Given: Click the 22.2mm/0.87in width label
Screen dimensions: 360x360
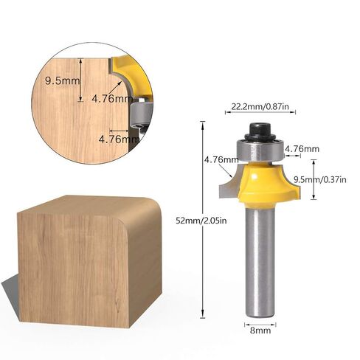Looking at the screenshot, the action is tap(260, 106).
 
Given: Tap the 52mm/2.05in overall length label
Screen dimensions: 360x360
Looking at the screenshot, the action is tap(201, 221).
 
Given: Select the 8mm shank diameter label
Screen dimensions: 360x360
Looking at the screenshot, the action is tap(260, 330).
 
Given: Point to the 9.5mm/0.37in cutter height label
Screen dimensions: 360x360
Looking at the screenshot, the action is tap(320, 180).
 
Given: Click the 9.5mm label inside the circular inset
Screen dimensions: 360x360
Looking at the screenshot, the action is tap(63, 80).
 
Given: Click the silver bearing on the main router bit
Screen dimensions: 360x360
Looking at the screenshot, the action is tap(260, 150).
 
